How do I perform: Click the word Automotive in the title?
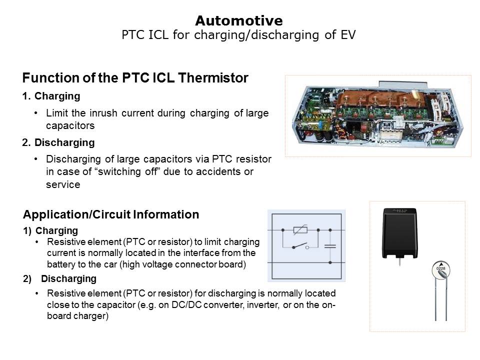[x=239, y=21]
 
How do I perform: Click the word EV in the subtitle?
[x=348, y=34]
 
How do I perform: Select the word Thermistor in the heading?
[x=213, y=78]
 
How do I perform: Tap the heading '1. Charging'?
[x=51, y=96]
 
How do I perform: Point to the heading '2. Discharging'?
[x=58, y=142]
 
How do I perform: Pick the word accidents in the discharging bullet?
[x=219, y=171]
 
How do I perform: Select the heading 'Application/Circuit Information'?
[x=111, y=214]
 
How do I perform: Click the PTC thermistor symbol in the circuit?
[x=300, y=229]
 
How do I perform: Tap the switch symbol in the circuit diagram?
[x=300, y=246]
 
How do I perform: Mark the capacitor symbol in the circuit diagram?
[x=330, y=246]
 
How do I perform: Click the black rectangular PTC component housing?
[x=400, y=232]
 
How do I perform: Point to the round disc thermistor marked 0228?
[x=440, y=270]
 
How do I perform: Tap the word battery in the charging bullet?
[x=59, y=264]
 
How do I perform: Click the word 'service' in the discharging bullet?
[x=63, y=184]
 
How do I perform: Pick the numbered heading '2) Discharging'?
[x=59, y=279]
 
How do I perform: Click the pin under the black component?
[x=400, y=262]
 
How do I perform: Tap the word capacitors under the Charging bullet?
[x=70, y=125]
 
